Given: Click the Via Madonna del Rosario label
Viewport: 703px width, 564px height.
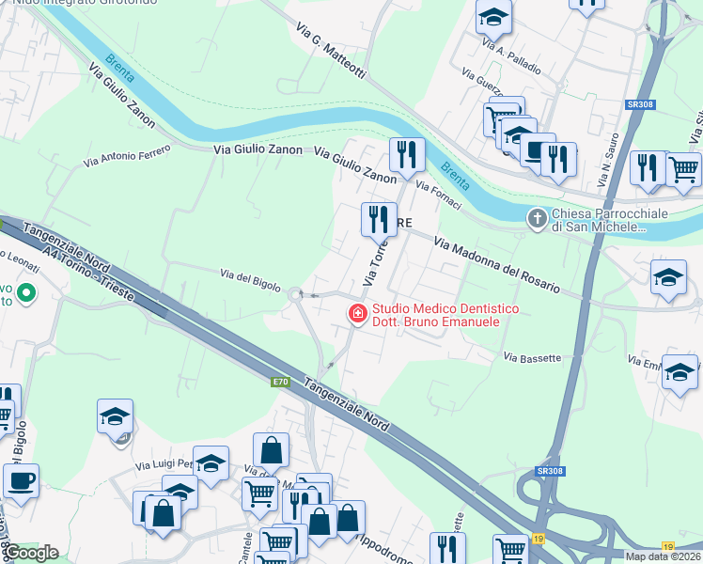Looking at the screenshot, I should coord(497,264).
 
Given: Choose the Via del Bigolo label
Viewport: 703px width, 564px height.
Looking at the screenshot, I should coord(250,279).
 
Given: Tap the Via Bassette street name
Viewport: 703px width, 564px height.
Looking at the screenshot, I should coord(532,357).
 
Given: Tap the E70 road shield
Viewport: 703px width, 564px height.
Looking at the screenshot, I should coord(280,382).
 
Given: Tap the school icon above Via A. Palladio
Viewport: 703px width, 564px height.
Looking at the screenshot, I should coord(492,16).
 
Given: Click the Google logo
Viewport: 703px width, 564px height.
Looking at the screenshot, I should coord(30,553).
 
